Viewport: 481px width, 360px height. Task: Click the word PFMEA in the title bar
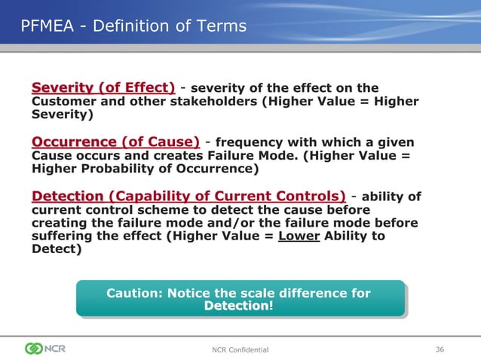47,26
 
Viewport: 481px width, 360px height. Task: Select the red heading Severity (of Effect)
103,87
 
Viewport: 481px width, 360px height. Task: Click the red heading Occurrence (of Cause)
115,142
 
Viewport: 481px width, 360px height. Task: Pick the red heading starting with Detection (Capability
188,196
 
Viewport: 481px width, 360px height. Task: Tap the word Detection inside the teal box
236,307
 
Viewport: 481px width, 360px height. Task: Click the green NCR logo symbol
35,348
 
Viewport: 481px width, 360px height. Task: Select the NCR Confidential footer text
240,349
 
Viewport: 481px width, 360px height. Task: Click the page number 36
440,348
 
